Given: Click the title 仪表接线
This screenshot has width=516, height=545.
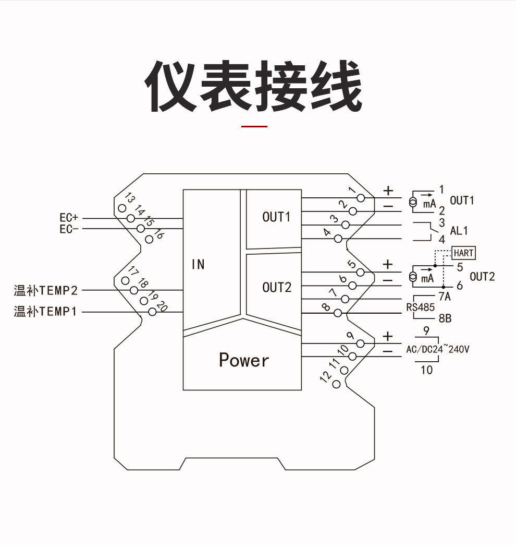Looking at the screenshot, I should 253,87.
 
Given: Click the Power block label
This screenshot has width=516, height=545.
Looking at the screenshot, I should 244,360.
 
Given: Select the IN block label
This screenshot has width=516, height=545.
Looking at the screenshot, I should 198,265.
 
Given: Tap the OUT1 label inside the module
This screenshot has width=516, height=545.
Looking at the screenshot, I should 276,217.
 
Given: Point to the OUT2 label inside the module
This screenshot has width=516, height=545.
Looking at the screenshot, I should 277,287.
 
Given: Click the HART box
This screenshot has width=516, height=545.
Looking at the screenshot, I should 463,253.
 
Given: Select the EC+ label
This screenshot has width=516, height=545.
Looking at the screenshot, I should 69,218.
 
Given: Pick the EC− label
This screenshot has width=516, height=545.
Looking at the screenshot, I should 69,229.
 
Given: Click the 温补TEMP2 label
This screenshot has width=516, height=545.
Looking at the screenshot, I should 46,290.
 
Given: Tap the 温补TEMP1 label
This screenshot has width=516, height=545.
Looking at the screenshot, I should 46,312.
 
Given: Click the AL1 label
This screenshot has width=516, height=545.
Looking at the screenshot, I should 459,231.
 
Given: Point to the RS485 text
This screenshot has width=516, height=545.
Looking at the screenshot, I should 420,307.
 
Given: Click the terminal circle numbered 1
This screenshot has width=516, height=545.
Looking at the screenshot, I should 360,198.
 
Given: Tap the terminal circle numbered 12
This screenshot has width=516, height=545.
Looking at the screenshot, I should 336,385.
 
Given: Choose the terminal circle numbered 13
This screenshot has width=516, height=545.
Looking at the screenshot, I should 122,208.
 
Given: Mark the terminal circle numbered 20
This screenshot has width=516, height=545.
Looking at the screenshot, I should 152,312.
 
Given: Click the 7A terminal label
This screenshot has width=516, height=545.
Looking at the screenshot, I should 444,297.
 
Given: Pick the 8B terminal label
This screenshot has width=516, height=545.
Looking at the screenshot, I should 445,318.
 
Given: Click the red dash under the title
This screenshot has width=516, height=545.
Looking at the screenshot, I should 254,126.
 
